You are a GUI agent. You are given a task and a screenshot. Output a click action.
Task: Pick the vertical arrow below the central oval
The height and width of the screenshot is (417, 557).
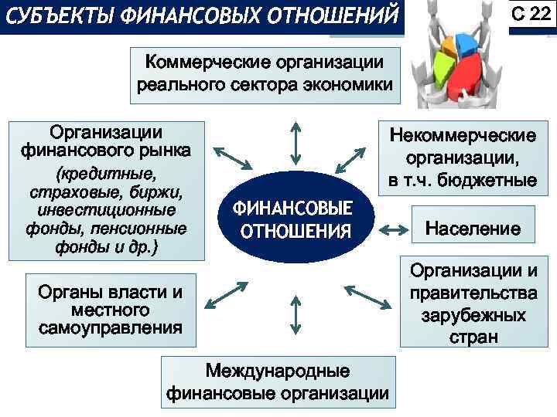coord(294,313)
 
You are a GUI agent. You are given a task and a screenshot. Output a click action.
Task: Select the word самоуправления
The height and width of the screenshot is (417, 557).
coord(110,327)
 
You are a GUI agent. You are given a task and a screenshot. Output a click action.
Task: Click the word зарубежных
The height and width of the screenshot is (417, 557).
coord(473,316)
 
